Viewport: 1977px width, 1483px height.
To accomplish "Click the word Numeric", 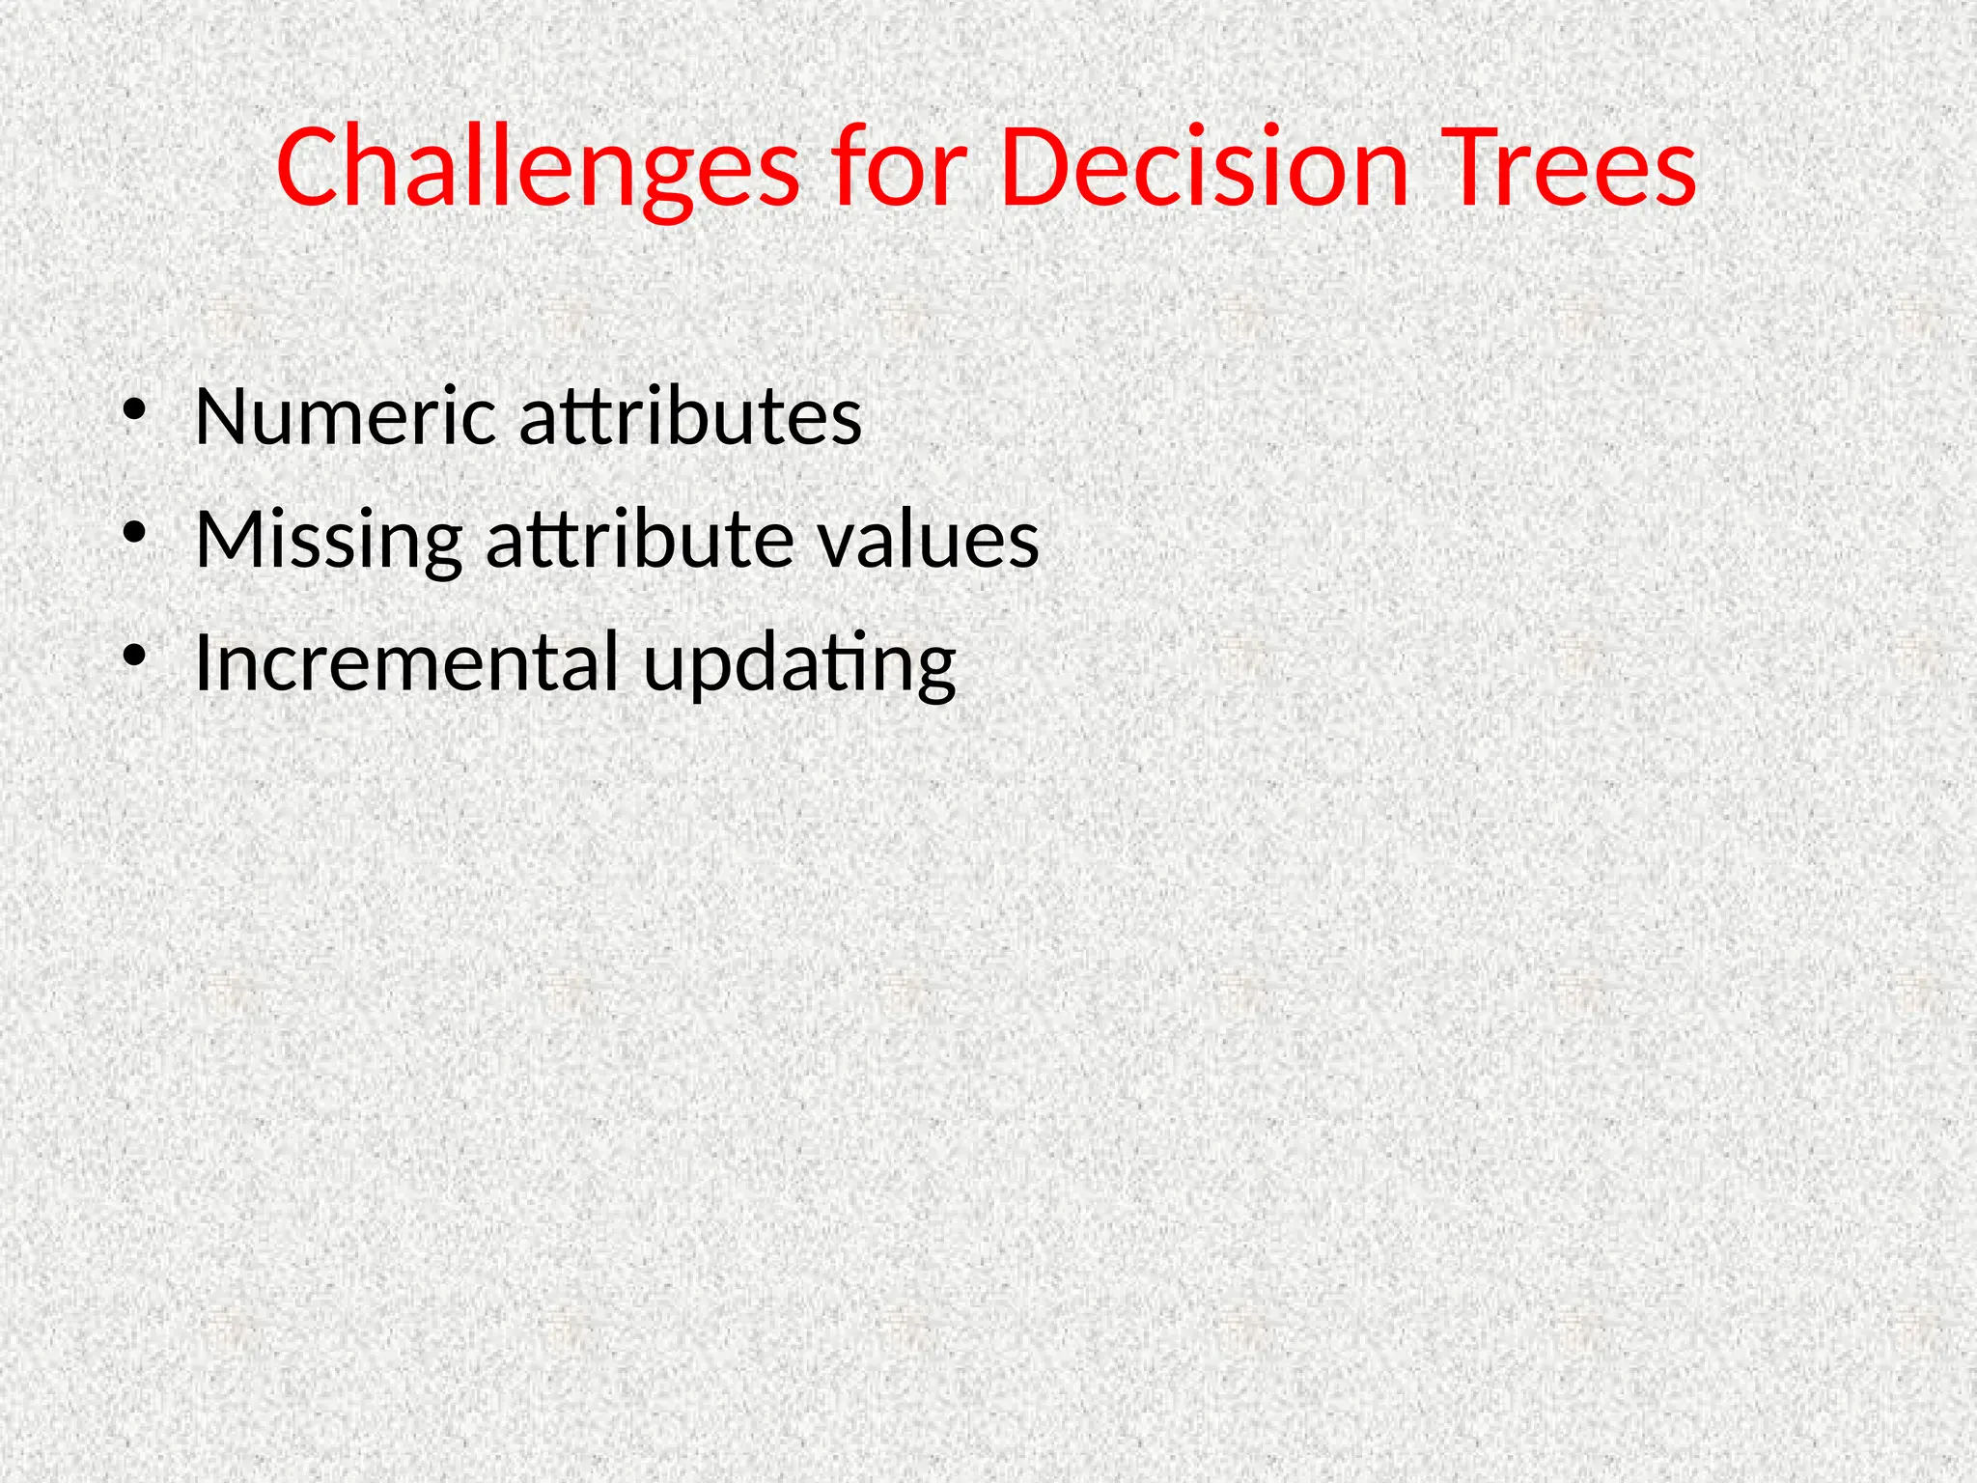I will (345, 416).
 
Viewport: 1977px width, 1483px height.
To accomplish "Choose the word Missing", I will (328, 539).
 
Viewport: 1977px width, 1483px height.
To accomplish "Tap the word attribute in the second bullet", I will (639, 539).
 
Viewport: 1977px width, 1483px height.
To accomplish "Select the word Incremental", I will (405, 662).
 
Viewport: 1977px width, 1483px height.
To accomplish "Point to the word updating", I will (799, 666).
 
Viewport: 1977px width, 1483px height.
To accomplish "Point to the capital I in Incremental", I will (202, 662).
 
